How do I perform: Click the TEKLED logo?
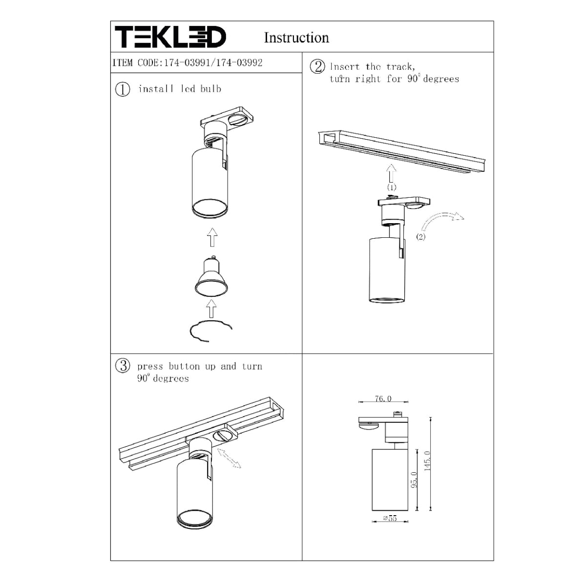coord(170,37)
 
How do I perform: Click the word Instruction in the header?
coord(296,38)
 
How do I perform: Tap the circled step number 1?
coord(123,89)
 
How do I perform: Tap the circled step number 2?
coord(317,66)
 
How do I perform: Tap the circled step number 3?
coord(123,366)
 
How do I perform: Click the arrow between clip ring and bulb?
coord(211,309)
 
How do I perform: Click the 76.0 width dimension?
coord(383,399)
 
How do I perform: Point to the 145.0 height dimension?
coord(428,461)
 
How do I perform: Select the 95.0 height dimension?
coord(414,480)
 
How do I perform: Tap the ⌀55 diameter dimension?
coord(390,518)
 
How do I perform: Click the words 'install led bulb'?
coord(179,89)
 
